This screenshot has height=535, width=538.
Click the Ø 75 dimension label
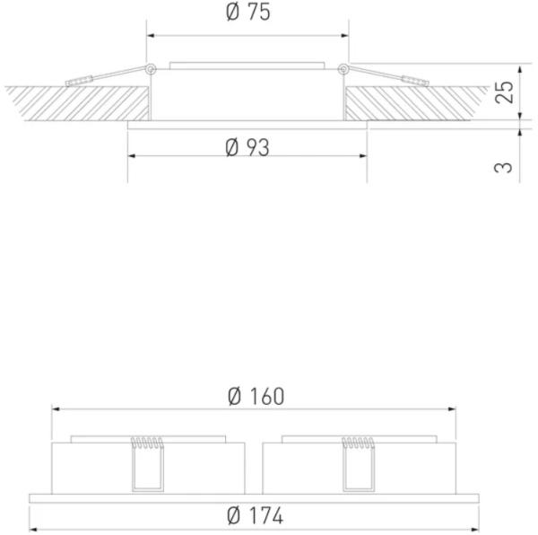pos(248,12)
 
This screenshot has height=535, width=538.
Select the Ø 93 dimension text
pos(247,147)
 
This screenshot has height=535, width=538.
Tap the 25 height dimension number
pos(504,92)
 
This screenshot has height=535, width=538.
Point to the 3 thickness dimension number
pos(503,168)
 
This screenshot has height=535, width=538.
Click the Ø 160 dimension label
pos(256,396)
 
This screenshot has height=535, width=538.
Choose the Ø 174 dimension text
pos(256,515)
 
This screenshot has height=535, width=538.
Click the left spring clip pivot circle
pos(151,69)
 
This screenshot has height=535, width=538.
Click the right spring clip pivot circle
pos(343,69)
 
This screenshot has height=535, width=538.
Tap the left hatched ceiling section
pos(80,103)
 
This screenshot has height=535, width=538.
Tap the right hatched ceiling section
pos(412,103)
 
